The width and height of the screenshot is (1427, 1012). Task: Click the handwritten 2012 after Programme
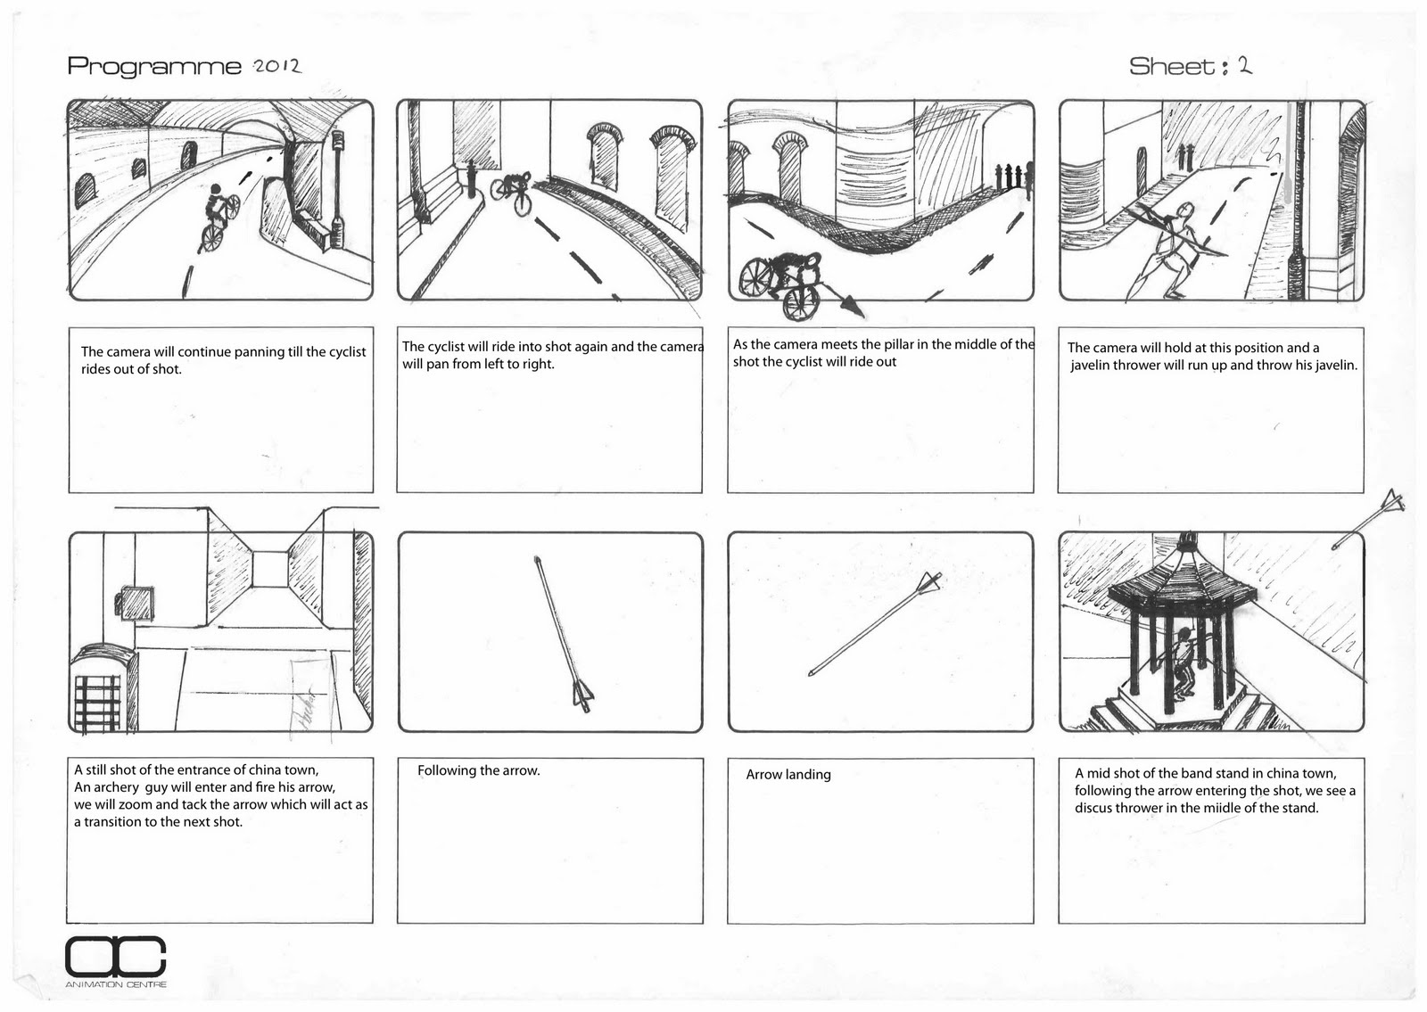(x=276, y=66)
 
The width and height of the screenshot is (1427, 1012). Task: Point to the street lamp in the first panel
(x=338, y=192)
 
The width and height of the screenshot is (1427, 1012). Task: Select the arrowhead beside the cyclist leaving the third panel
(x=853, y=307)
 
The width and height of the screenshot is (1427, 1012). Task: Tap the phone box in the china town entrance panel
(x=103, y=687)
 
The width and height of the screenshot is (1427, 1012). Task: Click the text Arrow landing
(x=788, y=774)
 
